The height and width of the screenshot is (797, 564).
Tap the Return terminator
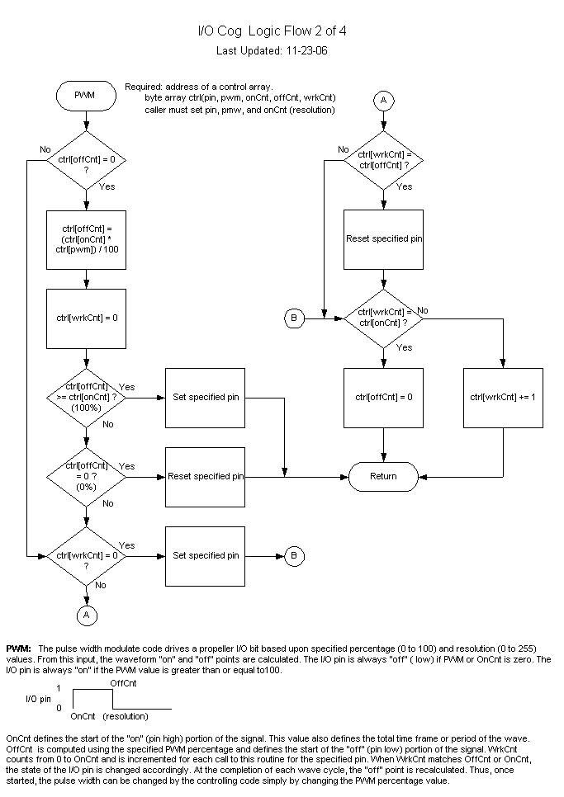click(x=383, y=476)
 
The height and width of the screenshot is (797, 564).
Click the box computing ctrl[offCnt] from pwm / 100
click(x=86, y=238)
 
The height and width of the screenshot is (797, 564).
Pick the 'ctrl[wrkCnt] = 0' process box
click(x=86, y=318)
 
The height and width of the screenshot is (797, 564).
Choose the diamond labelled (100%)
click(x=86, y=397)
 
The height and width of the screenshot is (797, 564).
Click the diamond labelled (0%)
click(x=86, y=476)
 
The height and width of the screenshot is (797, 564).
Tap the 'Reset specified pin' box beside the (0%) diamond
click(x=206, y=476)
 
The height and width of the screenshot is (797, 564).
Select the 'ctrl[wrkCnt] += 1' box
click(x=503, y=397)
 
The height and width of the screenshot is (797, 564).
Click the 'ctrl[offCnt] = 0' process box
click(x=383, y=397)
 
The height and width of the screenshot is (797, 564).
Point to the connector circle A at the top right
click(x=383, y=100)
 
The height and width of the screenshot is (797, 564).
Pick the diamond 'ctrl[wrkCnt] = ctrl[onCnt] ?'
click(x=383, y=317)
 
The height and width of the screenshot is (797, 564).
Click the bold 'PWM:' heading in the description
click(x=19, y=648)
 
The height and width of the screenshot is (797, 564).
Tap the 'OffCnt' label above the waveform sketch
click(x=123, y=683)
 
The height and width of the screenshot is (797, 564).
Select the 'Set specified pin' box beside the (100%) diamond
click(x=206, y=397)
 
